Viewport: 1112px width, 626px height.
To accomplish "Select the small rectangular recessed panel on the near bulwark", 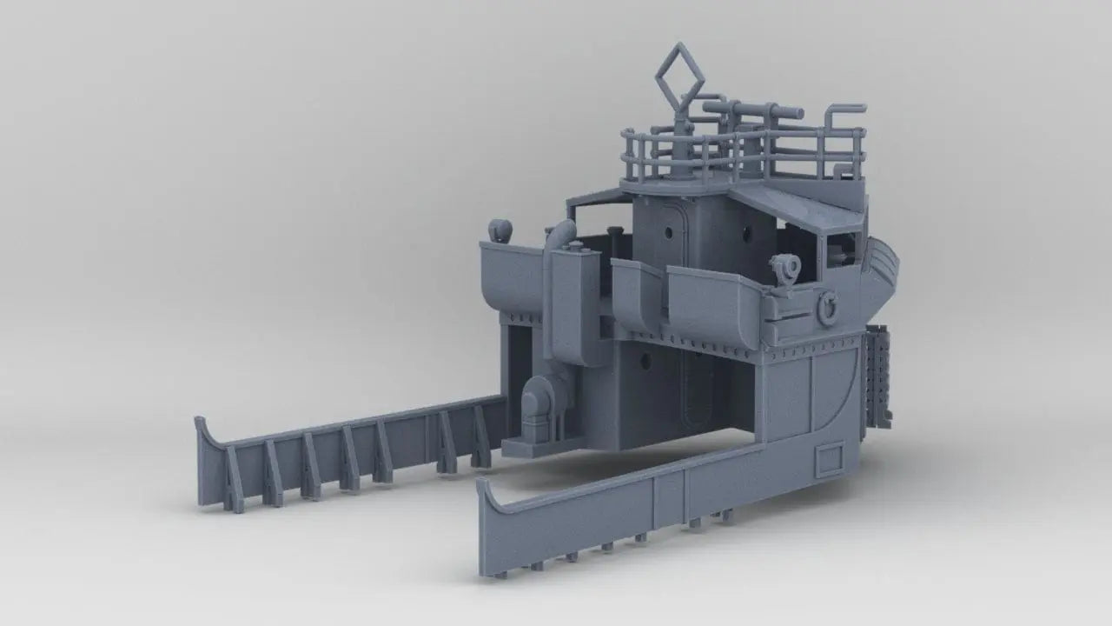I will pos(831,457).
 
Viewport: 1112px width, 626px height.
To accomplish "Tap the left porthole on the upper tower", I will pos(666,235).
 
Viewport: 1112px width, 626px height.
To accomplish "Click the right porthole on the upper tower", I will pos(746,233).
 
